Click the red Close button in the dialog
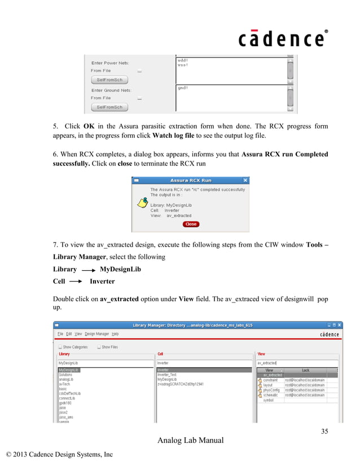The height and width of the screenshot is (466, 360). (x=191, y=224)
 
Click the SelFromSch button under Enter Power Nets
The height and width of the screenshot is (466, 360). (x=109, y=80)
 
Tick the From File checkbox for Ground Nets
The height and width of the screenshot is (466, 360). (x=139, y=98)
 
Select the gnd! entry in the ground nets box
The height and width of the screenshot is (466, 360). (x=183, y=88)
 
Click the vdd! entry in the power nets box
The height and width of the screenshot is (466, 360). (x=183, y=60)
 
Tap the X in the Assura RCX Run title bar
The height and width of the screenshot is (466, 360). (x=245, y=181)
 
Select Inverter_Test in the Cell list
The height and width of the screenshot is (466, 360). (x=167, y=375)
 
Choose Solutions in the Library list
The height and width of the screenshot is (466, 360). (x=65, y=375)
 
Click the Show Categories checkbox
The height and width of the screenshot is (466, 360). (x=60, y=347)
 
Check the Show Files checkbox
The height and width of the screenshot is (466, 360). (x=99, y=347)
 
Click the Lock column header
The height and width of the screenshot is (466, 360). (x=305, y=370)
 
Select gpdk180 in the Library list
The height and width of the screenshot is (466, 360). (x=67, y=403)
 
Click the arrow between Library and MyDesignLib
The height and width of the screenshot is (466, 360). (x=87, y=270)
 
